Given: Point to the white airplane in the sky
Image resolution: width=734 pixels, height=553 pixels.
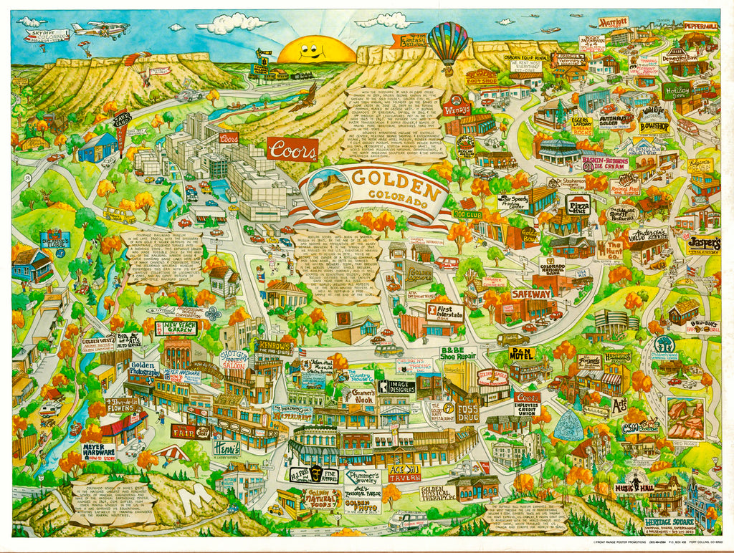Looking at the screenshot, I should click(100, 30).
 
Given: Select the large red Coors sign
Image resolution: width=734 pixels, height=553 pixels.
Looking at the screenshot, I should click(292, 149).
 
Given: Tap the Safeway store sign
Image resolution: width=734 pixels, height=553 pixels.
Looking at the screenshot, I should click(531, 294).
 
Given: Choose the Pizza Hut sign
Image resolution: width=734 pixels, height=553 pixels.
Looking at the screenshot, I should click(578, 205).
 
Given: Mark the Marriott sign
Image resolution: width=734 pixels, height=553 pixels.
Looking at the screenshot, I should click(614, 22).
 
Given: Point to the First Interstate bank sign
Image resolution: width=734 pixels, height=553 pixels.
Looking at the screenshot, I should click(446, 312).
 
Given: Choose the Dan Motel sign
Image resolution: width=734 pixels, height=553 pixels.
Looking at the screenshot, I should click(522, 353).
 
